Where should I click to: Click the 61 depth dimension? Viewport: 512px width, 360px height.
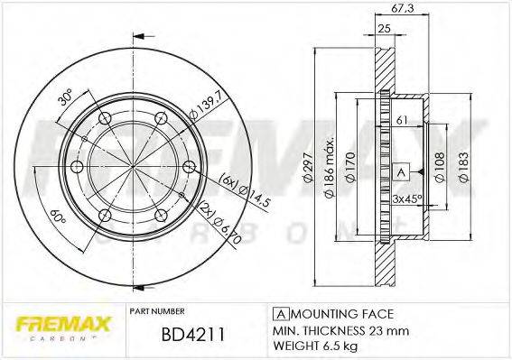(403, 120)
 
